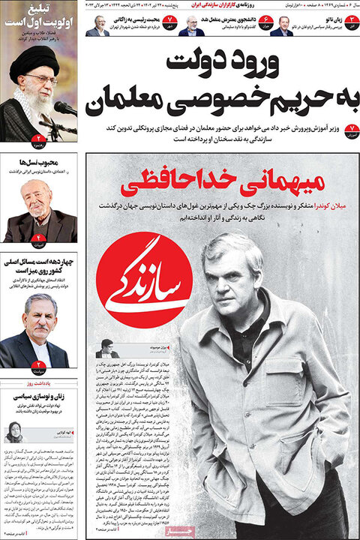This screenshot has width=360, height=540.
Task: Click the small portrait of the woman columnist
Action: point(14,432)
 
